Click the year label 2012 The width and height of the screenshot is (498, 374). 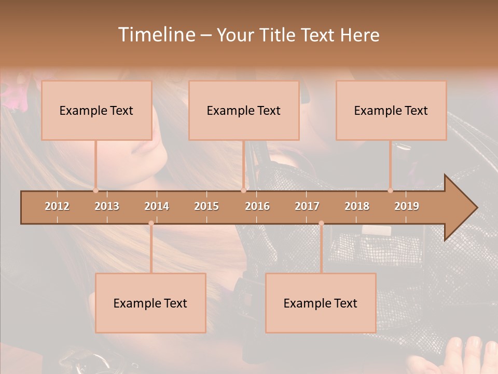[57, 206]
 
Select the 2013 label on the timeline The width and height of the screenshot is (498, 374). [107, 206]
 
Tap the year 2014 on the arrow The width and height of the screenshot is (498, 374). [157, 206]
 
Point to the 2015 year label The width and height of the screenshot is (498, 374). [206, 206]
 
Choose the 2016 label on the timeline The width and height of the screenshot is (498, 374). [257, 206]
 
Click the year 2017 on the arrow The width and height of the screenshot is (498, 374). [307, 206]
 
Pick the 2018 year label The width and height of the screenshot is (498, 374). [357, 206]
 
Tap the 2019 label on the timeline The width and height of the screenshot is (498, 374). [407, 206]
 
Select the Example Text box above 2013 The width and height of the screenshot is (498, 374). [96, 111]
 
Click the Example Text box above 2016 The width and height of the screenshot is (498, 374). [244, 111]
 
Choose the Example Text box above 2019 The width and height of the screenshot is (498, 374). [391, 111]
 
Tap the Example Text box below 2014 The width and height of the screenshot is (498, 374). [150, 303]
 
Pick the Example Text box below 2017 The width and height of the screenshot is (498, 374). [321, 303]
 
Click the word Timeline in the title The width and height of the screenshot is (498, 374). [155, 35]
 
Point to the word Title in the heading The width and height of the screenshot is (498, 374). [279, 35]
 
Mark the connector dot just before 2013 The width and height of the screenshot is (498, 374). [95, 190]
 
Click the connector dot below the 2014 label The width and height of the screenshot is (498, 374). [151, 223]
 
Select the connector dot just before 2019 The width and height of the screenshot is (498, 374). [390, 190]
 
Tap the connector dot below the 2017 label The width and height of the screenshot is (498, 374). [321, 223]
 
